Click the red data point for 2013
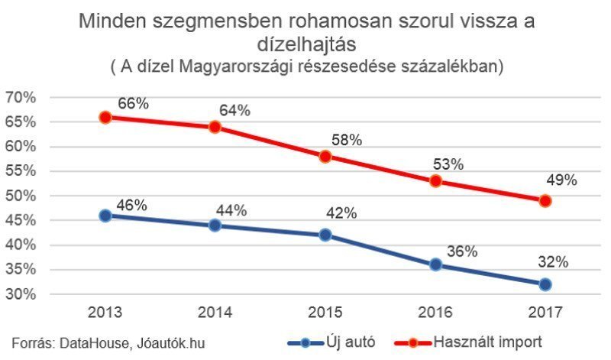click(105, 117)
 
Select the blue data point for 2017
click(545, 284)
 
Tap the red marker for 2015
click(325, 157)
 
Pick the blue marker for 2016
click(435, 264)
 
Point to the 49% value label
click(561, 180)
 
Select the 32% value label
click(553, 261)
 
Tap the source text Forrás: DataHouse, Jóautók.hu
click(108, 343)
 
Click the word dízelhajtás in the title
click(305, 47)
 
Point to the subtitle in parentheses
click(306, 67)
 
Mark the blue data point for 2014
click(215, 225)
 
